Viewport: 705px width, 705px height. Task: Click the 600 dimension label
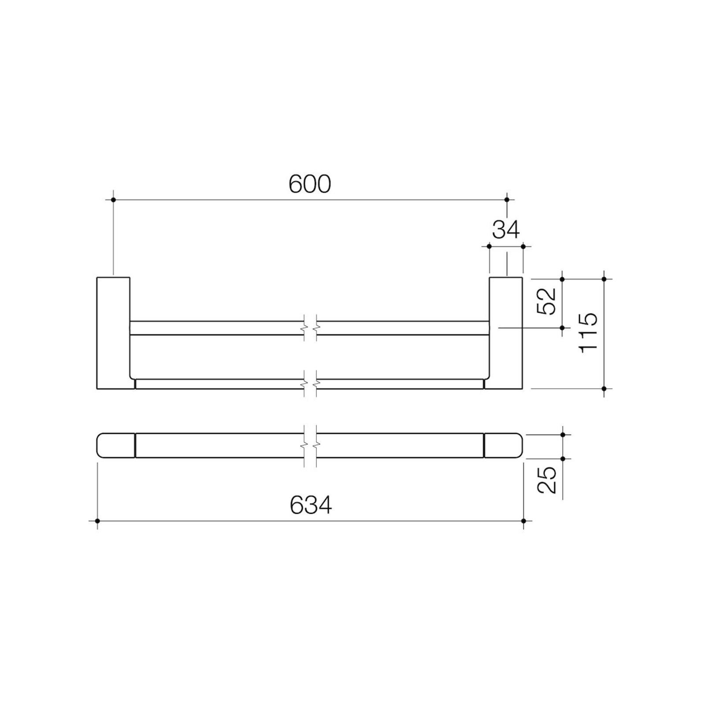(309, 184)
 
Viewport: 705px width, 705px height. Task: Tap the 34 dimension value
(506, 229)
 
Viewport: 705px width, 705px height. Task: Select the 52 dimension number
(546, 301)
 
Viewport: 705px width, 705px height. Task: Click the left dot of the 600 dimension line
(113, 200)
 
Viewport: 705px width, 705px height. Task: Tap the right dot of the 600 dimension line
(507, 200)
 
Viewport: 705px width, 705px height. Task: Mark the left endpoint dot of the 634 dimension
(97, 521)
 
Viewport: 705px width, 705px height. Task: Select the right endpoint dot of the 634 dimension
(523, 521)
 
